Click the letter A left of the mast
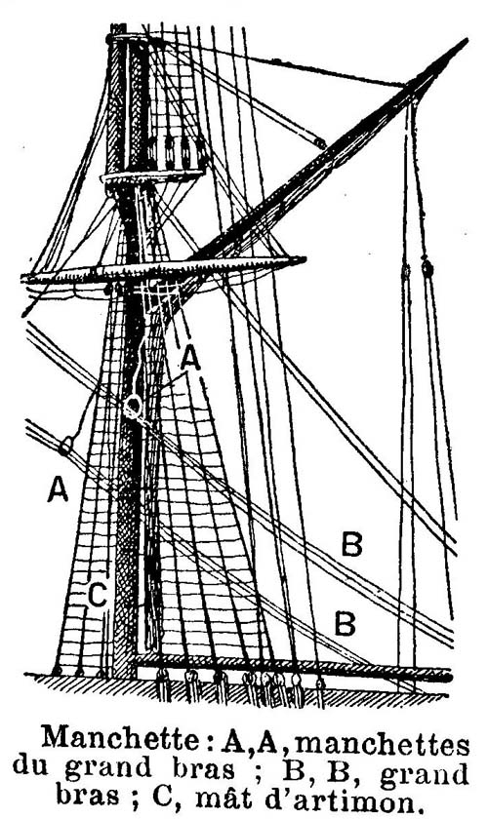(58, 489)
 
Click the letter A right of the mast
(190, 359)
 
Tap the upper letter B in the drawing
(351, 543)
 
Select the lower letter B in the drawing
(346, 624)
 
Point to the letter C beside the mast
(98, 595)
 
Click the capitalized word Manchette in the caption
(120, 739)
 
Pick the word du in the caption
(34, 766)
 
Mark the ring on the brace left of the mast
(65, 448)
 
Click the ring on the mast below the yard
(133, 407)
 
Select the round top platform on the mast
(152, 176)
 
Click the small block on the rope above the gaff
(320, 142)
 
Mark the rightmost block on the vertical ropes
(427, 268)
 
